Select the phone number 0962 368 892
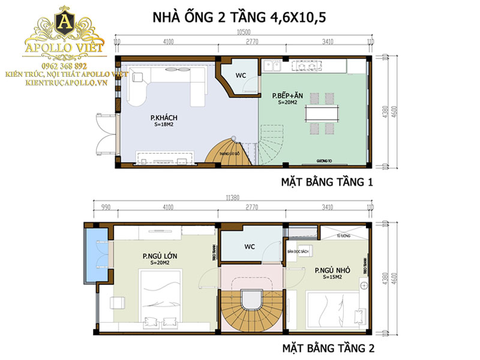[64, 65]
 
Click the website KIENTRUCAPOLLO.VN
[66, 82]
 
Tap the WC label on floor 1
[240, 76]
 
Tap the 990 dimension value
[106, 208]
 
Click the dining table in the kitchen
[322, 113]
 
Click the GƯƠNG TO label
[325, 161]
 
